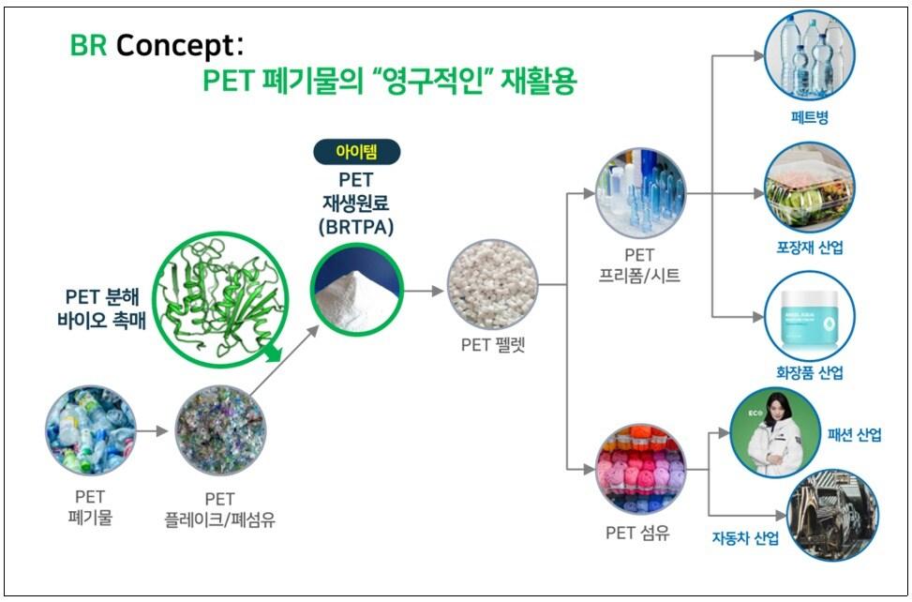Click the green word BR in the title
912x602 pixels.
(88, 45)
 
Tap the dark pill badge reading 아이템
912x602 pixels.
(356, 153)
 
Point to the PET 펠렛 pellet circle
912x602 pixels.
(493, 285)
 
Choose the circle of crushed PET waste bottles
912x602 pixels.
(90, 431)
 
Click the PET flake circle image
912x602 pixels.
(220, 431)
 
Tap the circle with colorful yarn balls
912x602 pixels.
(641, 469)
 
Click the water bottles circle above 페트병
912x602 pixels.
(810, 56)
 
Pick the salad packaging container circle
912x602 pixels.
(810, 188)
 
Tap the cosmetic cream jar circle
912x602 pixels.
(810, 316)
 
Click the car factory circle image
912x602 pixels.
(833, 516)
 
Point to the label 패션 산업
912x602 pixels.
(855, 434)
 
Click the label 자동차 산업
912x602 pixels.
(746, 537)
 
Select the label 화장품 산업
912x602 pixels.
(810, 373)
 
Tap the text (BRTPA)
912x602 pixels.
(356, 227)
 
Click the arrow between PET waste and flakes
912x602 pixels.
(153, 431)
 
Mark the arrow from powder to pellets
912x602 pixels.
(424, 291)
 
